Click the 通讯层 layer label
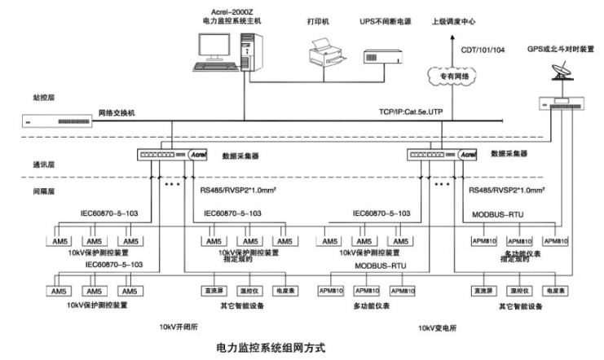[31, 164]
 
